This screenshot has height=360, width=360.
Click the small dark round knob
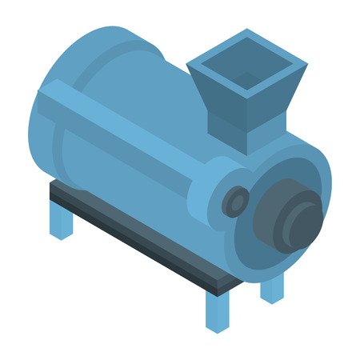click(235, 201)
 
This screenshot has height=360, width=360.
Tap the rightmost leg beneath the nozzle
click(272, 288)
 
